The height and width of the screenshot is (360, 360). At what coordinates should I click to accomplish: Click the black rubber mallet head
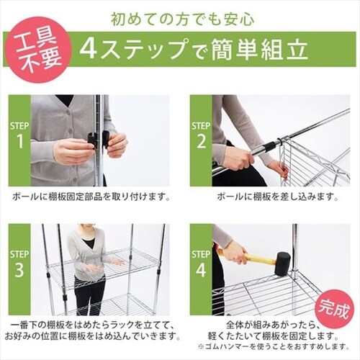click(x=282, y=264)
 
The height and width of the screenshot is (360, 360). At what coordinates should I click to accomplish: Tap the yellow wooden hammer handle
click(x=257, y=258)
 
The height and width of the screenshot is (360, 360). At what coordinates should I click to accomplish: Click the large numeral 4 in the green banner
click(x=89, y=48)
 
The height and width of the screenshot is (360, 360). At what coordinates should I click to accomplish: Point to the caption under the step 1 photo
click(x=91, y=196)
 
